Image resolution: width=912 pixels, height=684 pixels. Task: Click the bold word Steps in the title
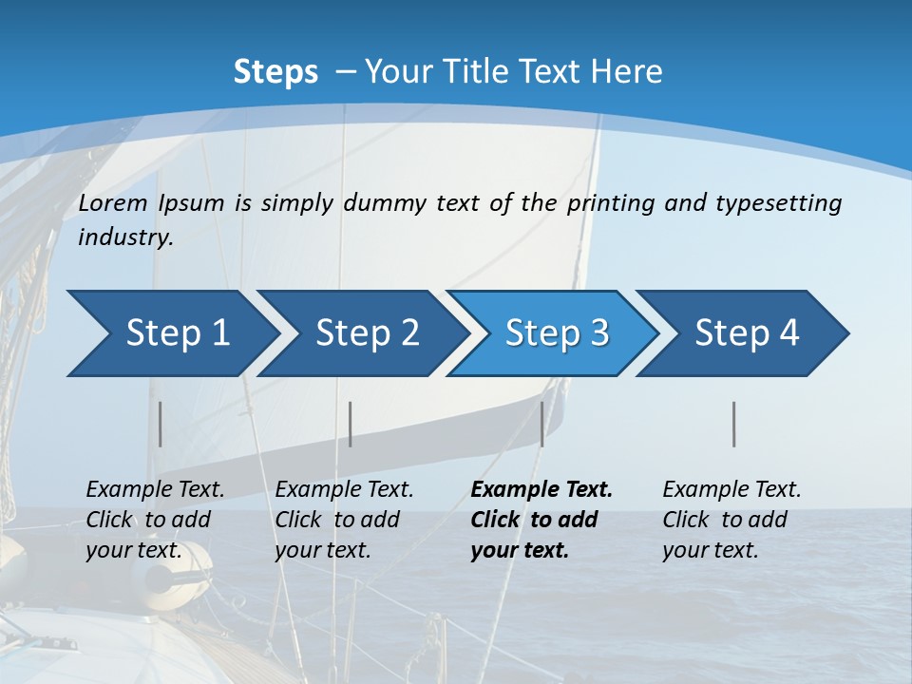click(275, 72)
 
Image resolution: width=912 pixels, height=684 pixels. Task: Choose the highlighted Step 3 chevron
click(557, 332)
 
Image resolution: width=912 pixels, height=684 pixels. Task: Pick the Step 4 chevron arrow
click(747, 332)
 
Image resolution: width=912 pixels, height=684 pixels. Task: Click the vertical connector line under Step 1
click(161, 424)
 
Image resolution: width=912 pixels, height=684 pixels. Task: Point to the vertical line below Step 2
click(351, 424)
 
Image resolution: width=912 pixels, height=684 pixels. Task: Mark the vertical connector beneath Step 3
click(541, 424)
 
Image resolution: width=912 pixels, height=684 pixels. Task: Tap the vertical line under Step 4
click(734, 424)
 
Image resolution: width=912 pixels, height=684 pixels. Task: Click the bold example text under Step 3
click(541, 520)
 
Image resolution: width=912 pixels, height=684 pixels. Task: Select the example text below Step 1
click(155, 520)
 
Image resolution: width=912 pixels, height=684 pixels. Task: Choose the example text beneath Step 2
click(344, 520)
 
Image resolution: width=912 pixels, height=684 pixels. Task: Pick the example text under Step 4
click(731, 520)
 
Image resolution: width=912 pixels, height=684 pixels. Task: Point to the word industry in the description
click(125, 237)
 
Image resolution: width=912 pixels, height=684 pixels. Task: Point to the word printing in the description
click(611, 202)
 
